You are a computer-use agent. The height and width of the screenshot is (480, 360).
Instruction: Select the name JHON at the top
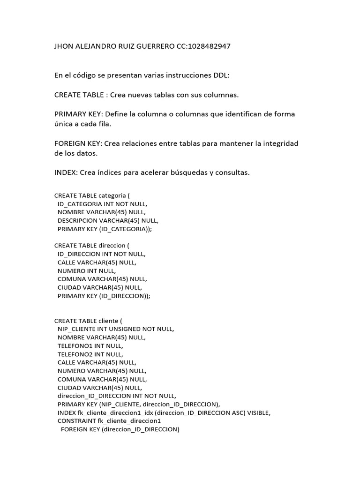64,46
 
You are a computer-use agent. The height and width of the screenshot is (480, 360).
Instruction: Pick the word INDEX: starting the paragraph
66,172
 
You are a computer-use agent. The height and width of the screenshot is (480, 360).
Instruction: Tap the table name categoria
112,195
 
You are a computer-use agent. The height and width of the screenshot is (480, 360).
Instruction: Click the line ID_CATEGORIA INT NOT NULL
102,204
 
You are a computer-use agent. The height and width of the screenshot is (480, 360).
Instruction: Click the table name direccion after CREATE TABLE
112,245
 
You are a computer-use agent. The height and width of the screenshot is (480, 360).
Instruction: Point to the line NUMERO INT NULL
87,270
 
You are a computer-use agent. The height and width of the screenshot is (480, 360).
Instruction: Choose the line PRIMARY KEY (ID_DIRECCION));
104,296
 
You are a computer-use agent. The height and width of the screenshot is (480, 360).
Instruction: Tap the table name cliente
109,321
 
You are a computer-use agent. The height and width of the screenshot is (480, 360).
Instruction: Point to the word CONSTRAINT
76,421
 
